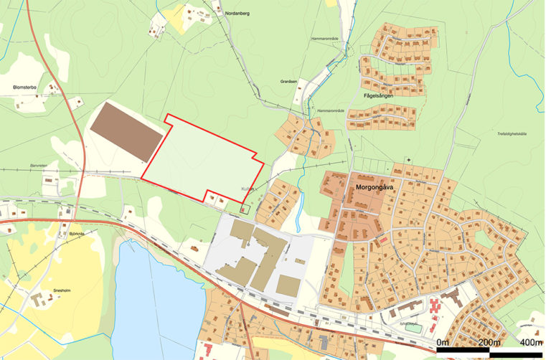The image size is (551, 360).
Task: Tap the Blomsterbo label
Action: coord(26,88)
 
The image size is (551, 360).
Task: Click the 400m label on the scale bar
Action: coord(531,341)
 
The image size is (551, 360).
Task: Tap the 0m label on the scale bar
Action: coord(442,341)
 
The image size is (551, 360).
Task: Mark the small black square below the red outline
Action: coord(242,210)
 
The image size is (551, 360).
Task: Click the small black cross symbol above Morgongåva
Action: coord(408,159)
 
